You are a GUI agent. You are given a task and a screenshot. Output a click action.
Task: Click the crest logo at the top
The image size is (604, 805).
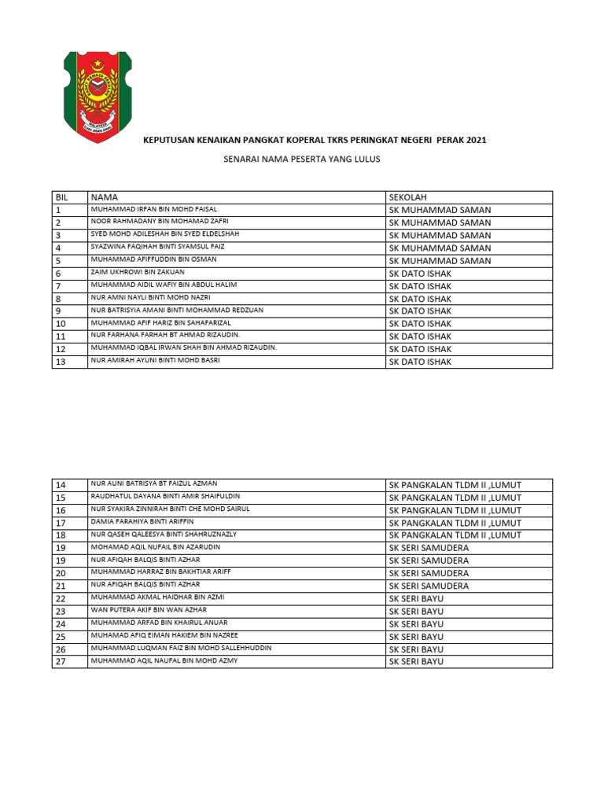coord(97,97)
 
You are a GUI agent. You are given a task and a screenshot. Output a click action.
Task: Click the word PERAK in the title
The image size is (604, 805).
coord(446,141)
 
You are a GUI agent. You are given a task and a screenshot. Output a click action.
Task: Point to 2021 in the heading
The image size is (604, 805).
coord(477,141)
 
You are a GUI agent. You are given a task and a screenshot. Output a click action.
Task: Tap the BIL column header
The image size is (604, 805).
coord(63,197)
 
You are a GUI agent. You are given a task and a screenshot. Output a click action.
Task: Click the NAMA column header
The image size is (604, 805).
coord(104,197)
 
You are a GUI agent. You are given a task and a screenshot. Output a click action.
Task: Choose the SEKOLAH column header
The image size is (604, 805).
coord(407,197)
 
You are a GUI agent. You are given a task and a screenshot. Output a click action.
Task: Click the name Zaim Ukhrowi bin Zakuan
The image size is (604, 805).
coord(138,271)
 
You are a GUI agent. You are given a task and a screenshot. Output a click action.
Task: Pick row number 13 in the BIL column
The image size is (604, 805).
coord(61,362)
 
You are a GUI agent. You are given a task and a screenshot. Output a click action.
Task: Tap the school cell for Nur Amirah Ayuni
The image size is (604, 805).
coord(420,362)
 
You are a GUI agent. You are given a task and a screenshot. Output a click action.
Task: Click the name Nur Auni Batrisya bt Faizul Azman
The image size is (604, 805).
coord(154,483)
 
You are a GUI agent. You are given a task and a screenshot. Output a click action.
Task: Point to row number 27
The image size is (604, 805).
coord(61,662)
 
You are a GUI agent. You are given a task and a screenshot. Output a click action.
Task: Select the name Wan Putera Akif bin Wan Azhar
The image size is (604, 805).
coord(149,610)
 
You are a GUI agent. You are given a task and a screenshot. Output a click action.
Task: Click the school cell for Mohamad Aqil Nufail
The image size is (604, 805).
coord(429,548)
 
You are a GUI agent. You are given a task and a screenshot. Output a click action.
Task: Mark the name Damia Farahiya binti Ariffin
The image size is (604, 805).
coord(142,521)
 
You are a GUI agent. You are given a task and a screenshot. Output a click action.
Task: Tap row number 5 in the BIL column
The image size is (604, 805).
coord(58,260)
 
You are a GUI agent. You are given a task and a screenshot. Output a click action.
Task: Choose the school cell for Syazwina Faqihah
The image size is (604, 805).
coord(440,248)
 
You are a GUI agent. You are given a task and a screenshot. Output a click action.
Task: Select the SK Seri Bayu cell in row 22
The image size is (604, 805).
coord(416,598)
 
